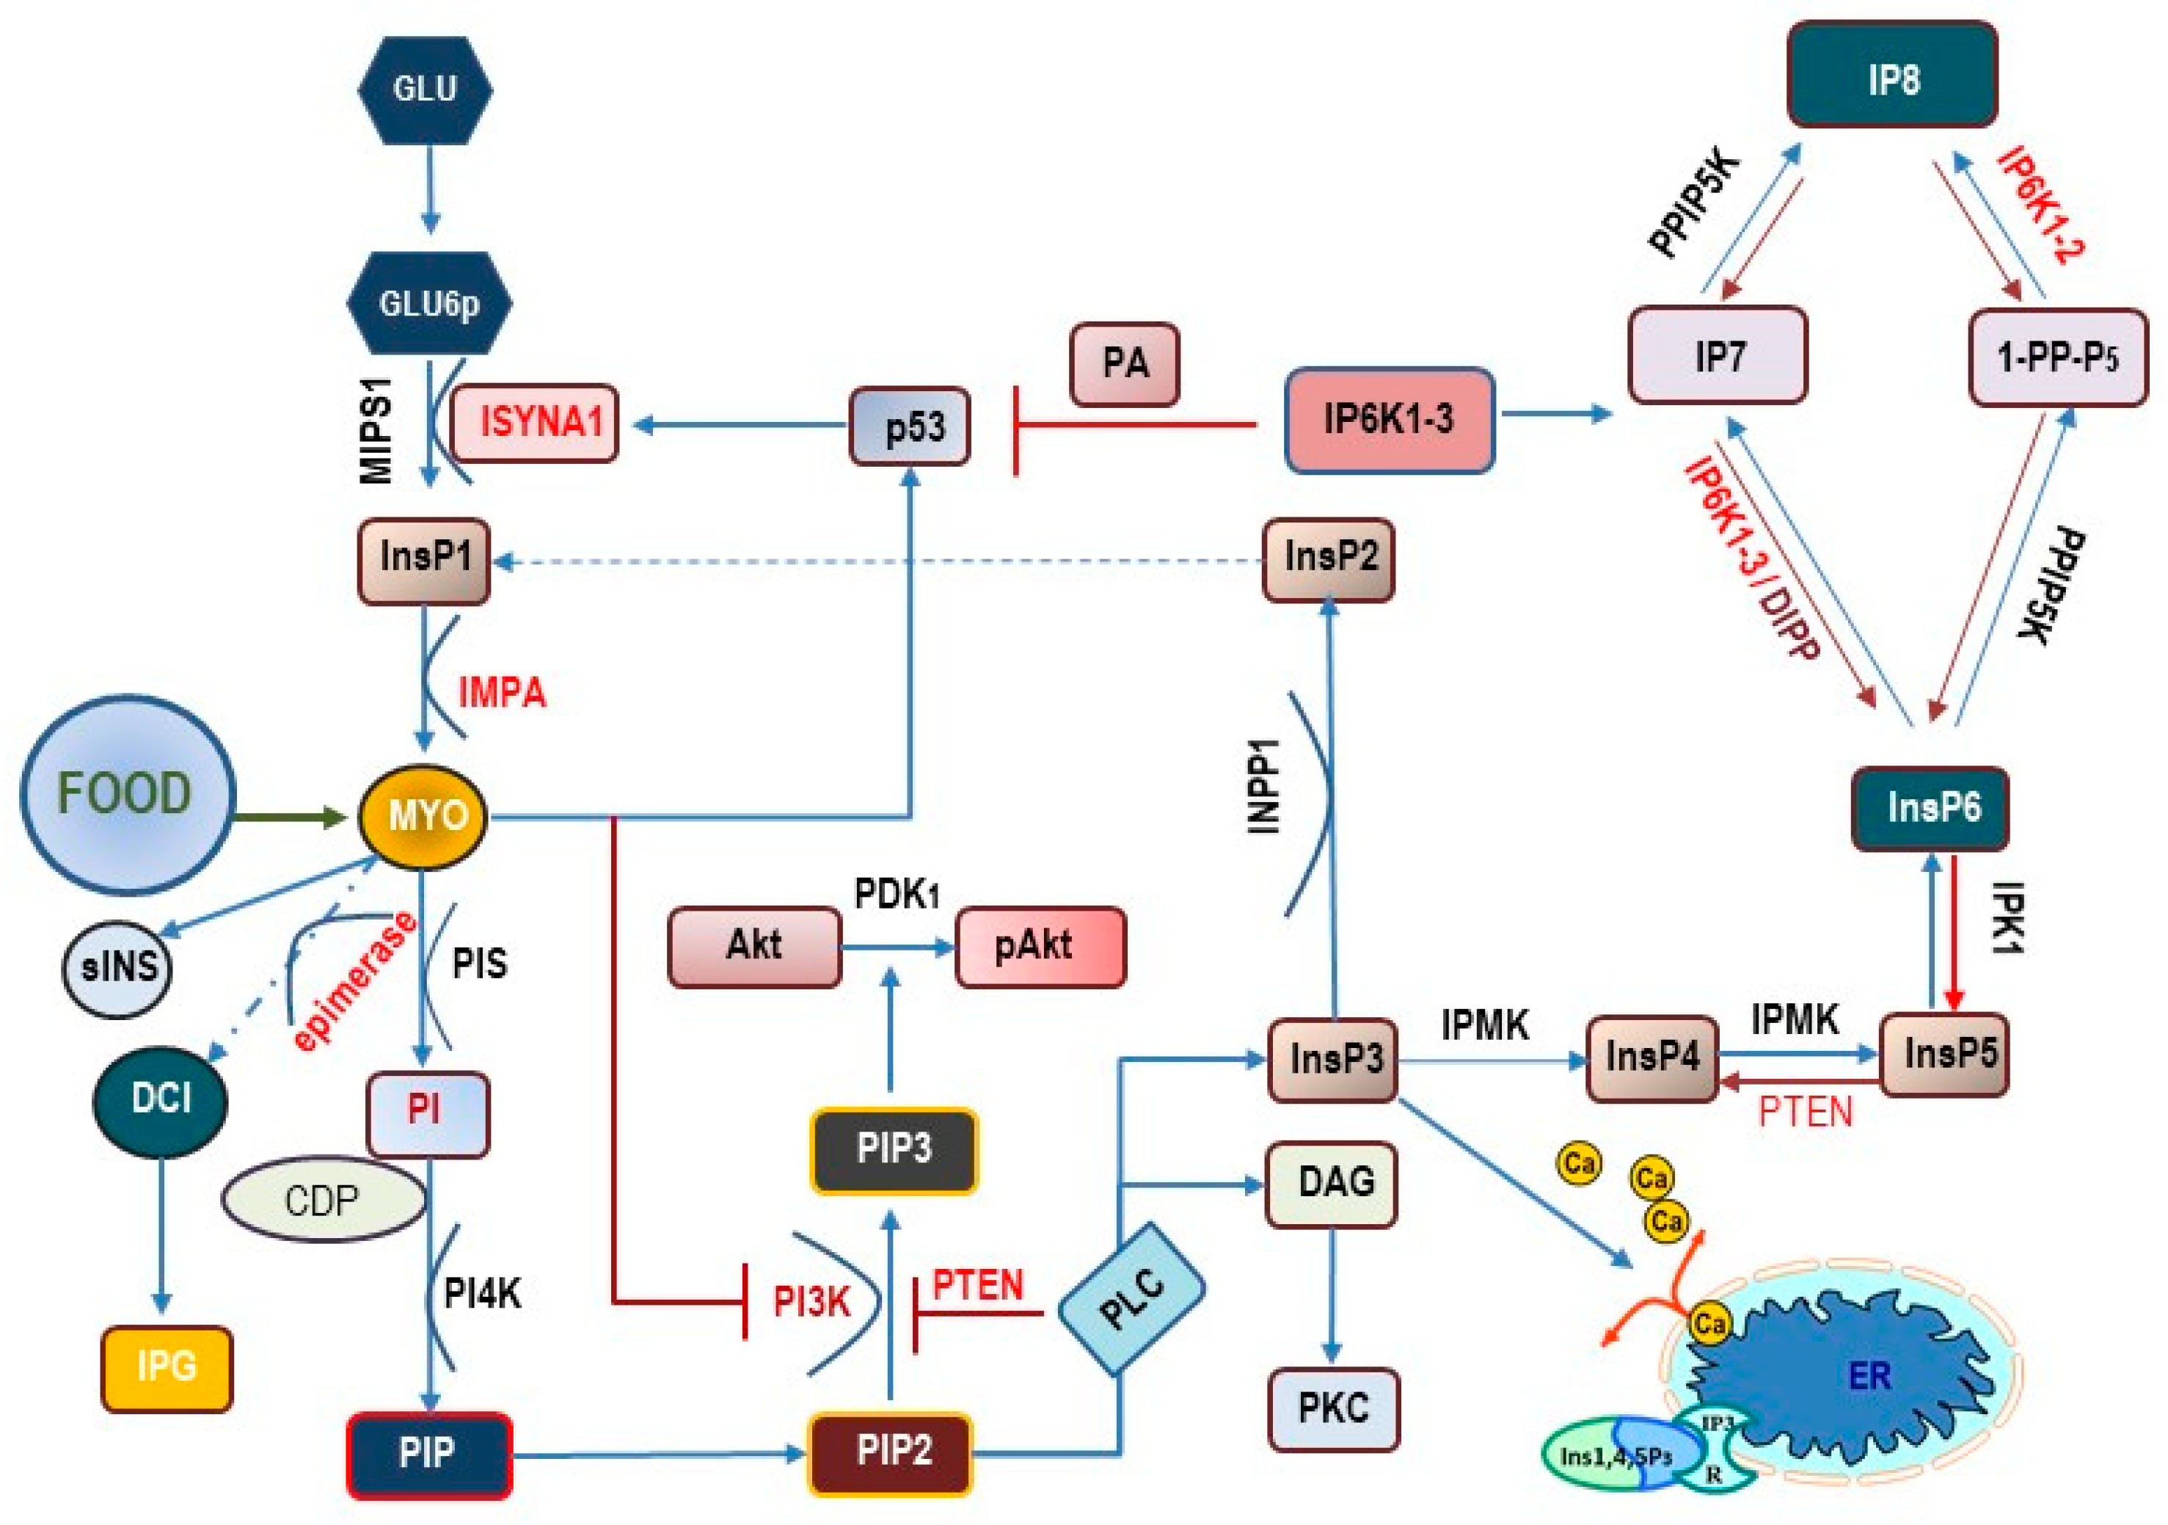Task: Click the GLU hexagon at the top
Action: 425,90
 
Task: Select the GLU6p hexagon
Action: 430,303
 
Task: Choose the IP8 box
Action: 1892,76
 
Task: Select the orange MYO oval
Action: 423,816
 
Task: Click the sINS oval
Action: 117,969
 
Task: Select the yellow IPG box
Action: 167,1368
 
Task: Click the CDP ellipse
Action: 324,1200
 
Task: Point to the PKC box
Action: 1333,1409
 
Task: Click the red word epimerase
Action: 355,981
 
